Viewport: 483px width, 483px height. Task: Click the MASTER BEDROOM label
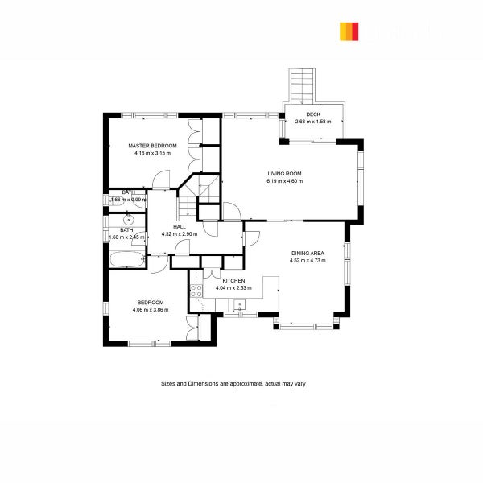click(x=152, y=146)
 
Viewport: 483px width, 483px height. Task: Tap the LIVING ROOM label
click(x=284, y=173)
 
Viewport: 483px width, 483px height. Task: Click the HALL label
click(x=179, y=227)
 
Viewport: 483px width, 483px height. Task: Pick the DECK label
click(x=312, y=115)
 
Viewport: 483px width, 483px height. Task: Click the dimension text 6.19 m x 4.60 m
click(x=284, y=181)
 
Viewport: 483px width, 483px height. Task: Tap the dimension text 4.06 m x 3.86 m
click(x=151, y=309)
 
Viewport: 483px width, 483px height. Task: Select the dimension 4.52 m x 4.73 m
click(x=307, y=261)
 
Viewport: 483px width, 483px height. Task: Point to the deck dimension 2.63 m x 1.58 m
click(x=312, y=122)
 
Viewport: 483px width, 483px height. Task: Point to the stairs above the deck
click(x=303, y=84)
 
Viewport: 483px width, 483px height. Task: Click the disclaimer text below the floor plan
click(x=233, y=384)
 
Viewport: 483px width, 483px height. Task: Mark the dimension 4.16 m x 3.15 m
click(x=152, y=153)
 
